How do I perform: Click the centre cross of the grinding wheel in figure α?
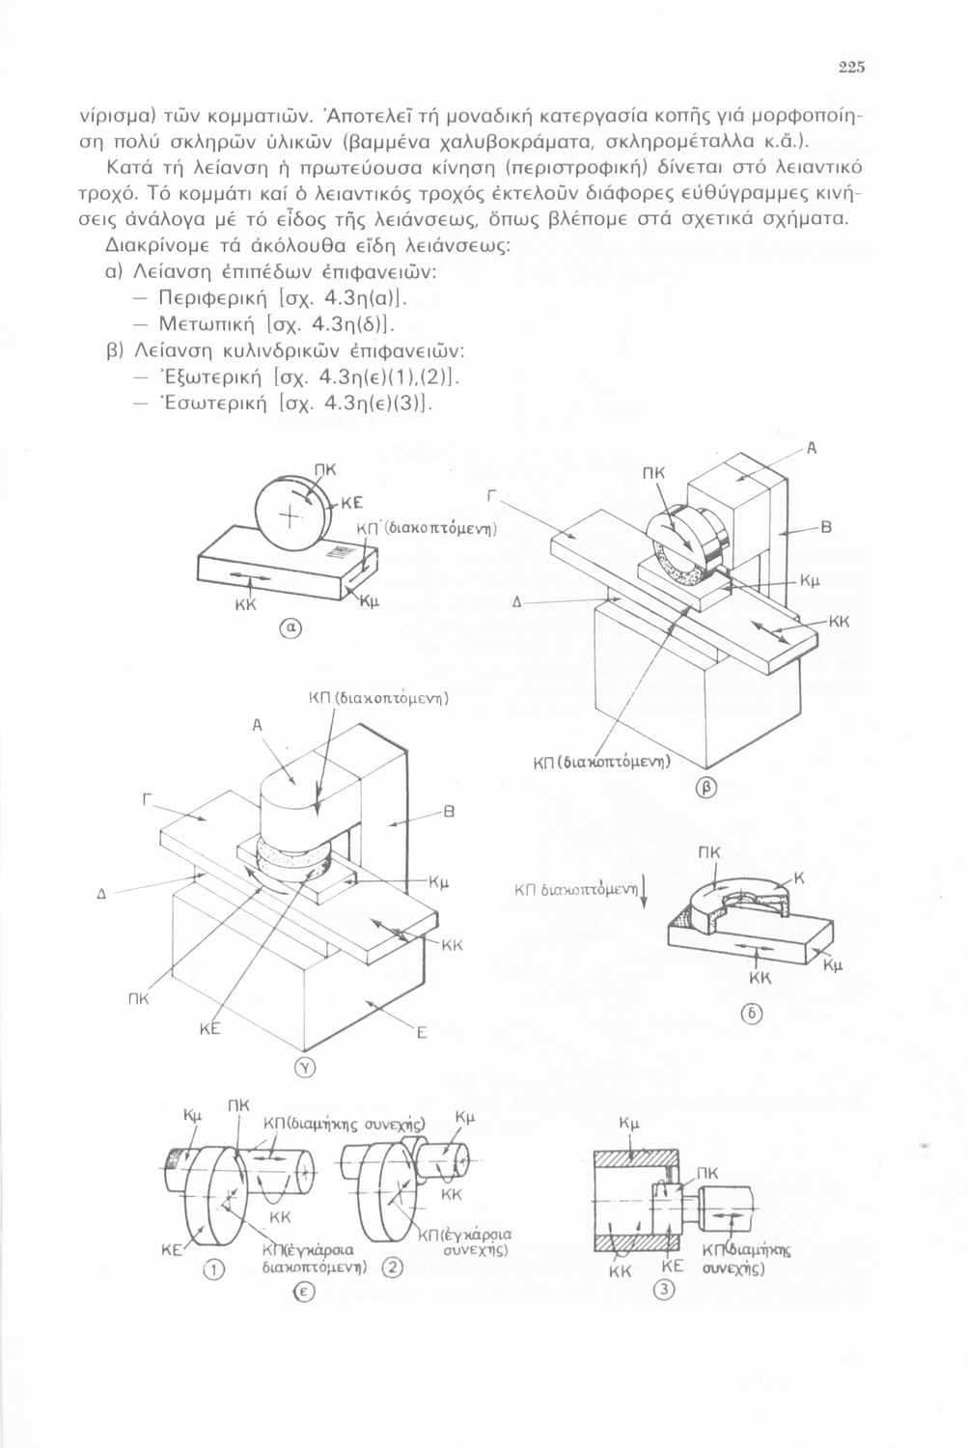[x=290, y=517]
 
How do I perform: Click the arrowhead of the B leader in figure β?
[x=781, y=534]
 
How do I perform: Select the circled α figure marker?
[x=292, y=627]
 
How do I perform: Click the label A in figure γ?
[x=257, y=725]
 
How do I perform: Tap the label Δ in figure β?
[x=516, y=603]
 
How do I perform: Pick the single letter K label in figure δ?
[x=798, y=878]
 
